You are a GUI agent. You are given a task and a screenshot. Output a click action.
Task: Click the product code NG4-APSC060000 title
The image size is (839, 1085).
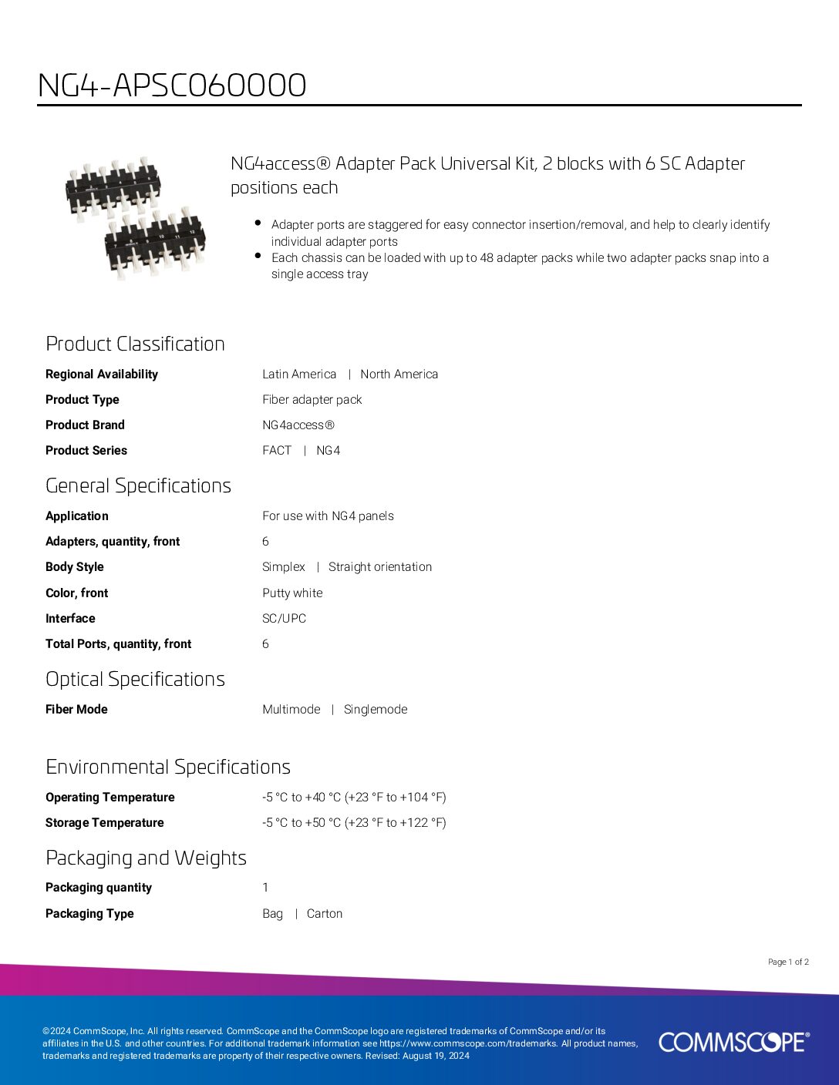[x=172, y=85]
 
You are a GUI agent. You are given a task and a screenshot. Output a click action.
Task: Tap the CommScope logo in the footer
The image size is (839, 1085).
[x=733, y=1042]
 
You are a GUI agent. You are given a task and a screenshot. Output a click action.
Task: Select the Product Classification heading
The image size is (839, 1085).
[x=135, y=344]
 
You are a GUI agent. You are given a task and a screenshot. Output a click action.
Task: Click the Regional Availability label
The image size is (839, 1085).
[x=102, y=374]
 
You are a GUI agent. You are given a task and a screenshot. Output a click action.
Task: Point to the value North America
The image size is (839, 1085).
[x=399, y=374]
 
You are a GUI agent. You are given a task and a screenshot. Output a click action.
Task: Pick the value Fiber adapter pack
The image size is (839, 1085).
[x=312, y=399]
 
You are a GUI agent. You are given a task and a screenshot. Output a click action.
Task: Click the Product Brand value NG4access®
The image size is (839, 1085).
[x=298, y=425]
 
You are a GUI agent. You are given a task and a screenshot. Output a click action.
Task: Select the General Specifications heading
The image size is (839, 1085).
[x=138, y=485]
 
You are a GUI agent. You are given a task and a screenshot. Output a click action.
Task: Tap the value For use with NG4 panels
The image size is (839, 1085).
[x=328, y=516]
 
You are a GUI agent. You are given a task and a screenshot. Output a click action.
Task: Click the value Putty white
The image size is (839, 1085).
[x=292, y=593]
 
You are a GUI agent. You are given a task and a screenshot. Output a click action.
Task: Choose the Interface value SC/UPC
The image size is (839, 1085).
[x=284, y=618]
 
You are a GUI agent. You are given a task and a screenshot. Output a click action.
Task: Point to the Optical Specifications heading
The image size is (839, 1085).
[x=135, y=679]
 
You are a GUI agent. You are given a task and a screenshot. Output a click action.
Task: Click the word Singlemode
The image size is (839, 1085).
[x=376, y=709]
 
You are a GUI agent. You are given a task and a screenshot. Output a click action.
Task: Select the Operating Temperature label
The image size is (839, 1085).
[x=110, y=797]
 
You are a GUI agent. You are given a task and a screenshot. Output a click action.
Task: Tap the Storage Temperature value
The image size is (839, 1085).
[x=354, y=822]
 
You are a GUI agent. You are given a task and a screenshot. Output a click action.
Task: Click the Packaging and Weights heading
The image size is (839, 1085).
[x=146, y=858]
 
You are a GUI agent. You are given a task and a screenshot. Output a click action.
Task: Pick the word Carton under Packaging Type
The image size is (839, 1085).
[x=325, y=913]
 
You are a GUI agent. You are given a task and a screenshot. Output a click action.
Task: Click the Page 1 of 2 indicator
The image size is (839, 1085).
[x=788, y=962]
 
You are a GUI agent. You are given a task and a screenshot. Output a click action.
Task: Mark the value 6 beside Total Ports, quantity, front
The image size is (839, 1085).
[x=265, y=643]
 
